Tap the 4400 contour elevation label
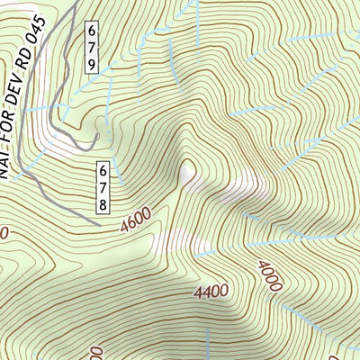[211, 292]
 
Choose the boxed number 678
[103, 185]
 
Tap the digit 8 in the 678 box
[103, 203]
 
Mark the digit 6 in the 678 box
[103, 168]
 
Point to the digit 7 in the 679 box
[93, 49]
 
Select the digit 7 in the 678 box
[103, 185]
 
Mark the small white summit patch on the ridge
[188, 171]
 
